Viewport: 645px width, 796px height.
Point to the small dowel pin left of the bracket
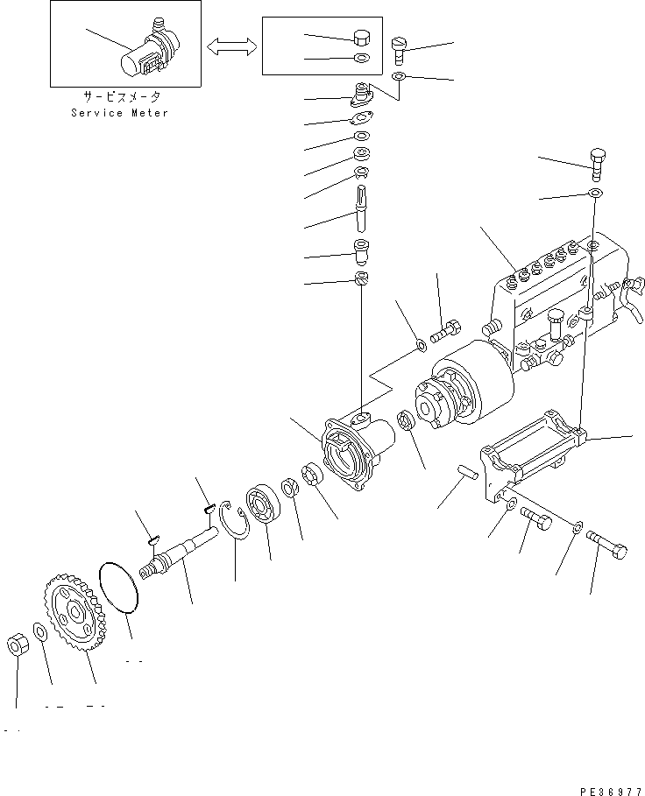click(x=466, y=473)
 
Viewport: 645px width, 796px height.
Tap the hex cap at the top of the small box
click(x=360, y=38)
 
